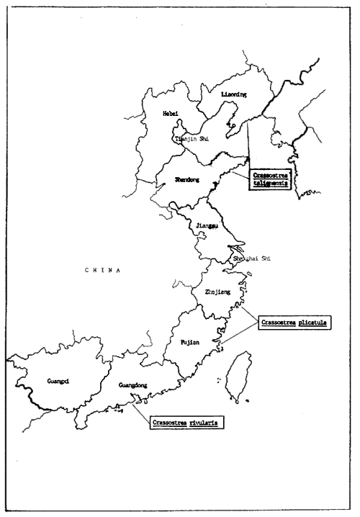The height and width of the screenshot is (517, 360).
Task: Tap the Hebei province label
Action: click(171, 114)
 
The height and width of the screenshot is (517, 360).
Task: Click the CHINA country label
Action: click(102, 270)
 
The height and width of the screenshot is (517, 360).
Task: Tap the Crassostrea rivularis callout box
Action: click(184, 422)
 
